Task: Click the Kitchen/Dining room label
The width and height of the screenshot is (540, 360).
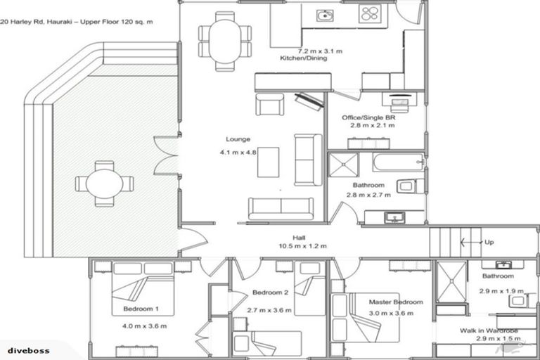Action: (304, 58)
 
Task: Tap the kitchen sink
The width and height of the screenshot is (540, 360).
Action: (324, 15)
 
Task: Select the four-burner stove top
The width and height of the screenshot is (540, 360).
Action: (370, 14)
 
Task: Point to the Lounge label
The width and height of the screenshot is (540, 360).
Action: (238, 139)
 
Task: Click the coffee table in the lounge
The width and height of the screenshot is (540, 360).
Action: (269, 162)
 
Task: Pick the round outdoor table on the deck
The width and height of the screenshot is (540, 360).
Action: (104, 184)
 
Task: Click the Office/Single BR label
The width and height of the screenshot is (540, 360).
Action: (368, 117)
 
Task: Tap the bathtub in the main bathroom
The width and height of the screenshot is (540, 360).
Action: (399, 162)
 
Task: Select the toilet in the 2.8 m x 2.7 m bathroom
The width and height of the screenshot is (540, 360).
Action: (411, 186)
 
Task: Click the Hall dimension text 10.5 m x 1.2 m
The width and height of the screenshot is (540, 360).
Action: (302, 246)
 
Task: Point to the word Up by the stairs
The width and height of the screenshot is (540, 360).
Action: (489, 242)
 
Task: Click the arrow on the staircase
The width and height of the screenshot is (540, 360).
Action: (471, 242)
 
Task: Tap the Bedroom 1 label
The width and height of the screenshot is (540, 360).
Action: (141, 309)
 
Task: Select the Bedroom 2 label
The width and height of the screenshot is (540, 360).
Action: (270, 292)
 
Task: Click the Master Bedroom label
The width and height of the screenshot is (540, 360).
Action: (396, 302)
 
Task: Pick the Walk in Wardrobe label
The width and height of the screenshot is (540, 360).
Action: (489, 330)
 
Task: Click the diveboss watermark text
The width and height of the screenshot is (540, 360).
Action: (29, 351)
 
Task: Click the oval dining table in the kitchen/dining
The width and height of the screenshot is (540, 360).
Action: (225, 41)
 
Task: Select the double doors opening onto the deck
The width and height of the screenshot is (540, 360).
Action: (167, 155)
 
